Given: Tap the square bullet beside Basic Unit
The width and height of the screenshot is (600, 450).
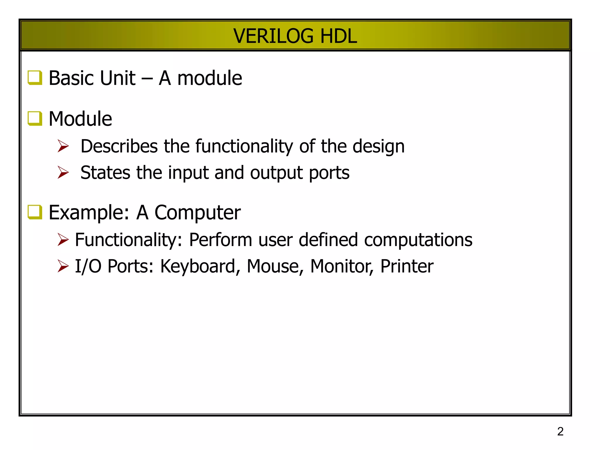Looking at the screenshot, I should (35, 78).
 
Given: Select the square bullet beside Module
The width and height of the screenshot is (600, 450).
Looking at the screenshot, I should (35, 119).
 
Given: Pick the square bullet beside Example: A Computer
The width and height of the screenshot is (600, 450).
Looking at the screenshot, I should (35, 212).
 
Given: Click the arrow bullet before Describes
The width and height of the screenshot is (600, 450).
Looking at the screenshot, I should (63, 146).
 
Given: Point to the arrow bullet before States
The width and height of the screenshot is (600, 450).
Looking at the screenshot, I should (63, 172).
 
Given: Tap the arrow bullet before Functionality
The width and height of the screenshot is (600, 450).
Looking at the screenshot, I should (63, 239).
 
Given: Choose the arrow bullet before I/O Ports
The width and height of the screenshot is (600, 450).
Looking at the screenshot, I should (63, 266).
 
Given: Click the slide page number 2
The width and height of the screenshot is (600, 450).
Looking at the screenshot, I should (560, 432).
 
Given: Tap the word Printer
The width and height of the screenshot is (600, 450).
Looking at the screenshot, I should (407, 266).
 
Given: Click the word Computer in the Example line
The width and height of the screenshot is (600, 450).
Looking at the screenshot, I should (197, 213).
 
